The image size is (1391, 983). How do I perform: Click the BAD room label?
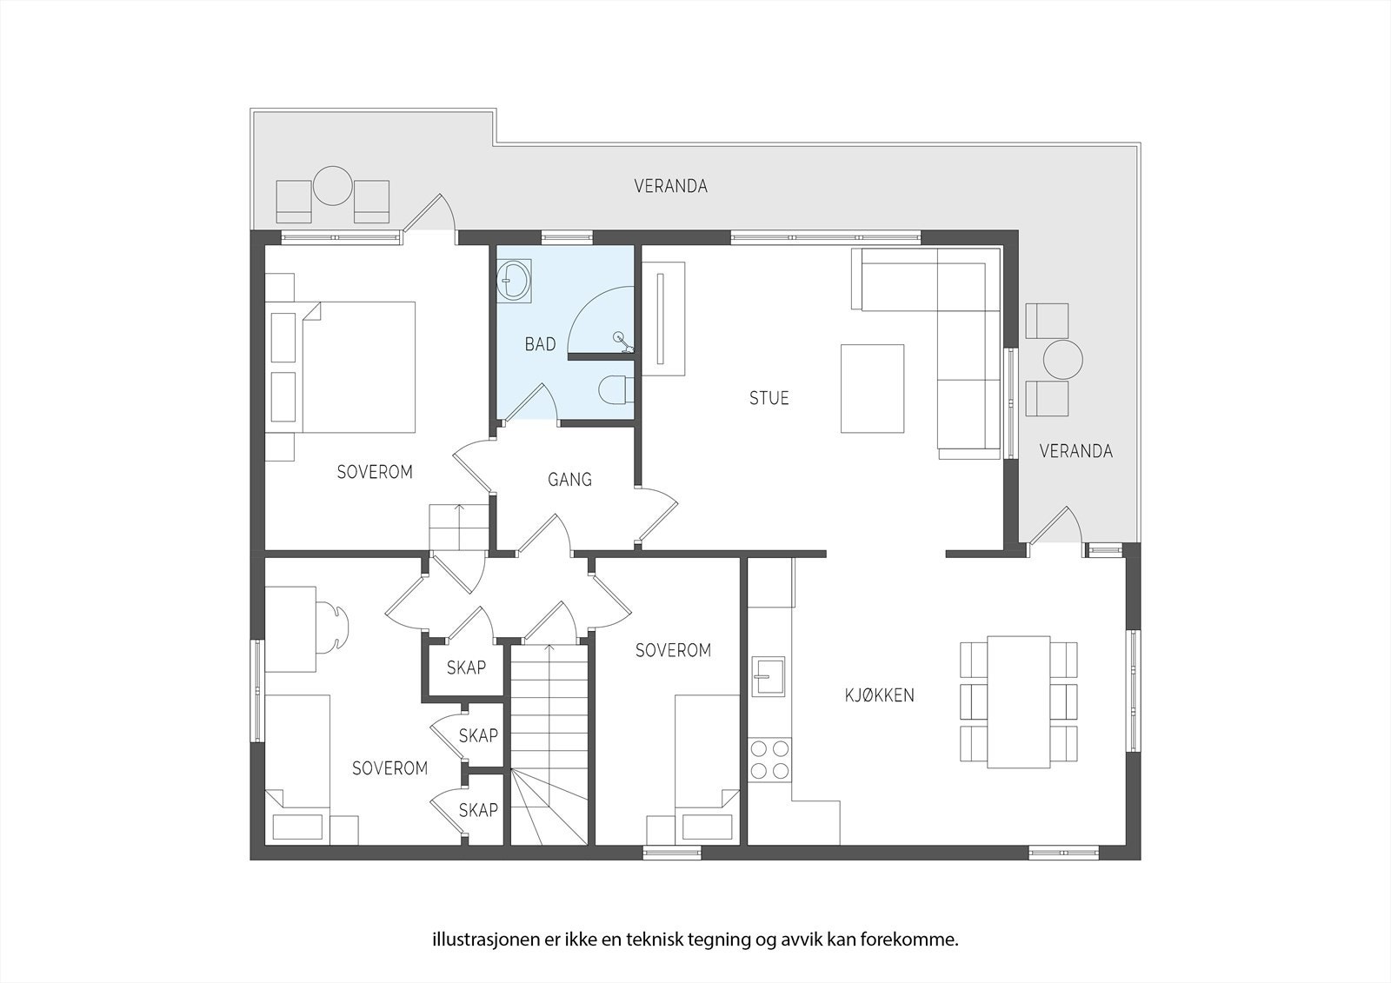click(540, 345)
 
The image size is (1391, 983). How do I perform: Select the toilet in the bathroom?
click(615, 389)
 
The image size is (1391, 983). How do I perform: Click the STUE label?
click(769, 399)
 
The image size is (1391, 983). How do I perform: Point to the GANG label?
click(569, 479)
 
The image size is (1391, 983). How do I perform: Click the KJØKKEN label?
click(880, 695)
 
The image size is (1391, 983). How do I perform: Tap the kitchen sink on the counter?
click(768, 675)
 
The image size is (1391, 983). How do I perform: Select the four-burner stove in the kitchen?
click(769, 759)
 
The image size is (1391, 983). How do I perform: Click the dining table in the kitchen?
click(1019, 701)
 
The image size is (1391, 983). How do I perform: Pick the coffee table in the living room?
click(872, 389)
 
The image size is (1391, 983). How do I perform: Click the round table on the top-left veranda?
click(332, 186)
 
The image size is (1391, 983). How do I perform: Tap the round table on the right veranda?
click(1062, 359)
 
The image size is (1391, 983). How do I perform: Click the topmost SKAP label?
click(466, 668)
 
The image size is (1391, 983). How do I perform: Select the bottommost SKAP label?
click(478, 810)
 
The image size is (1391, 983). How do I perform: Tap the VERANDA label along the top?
click(670, 186)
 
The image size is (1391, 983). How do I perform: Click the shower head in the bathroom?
click(619, 337)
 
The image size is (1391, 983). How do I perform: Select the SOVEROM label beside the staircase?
click(673, 650)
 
